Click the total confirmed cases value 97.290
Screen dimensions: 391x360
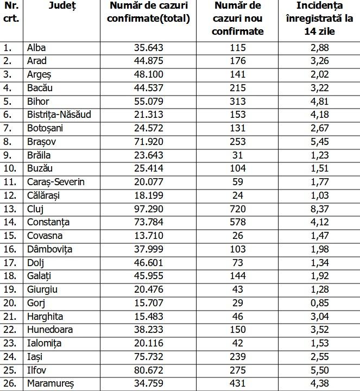pos(148,209)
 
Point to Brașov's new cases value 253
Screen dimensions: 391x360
pos(238,141)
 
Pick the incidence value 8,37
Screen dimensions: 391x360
pos(319,209)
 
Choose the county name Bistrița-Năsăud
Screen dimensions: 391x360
pos(59,115)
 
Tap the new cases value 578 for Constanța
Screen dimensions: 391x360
pos(238,222)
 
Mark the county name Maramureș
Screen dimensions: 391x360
pos(50,383)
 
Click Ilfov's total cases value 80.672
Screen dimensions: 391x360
pos(148,370)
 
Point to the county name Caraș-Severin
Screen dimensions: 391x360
pos(56,182)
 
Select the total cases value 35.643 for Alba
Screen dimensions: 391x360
pos(148,47)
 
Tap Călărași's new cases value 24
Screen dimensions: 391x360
pos(238,195)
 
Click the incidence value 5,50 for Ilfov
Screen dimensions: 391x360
pos(319,370)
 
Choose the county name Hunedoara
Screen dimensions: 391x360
pos(50,330)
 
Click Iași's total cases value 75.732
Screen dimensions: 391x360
pos(148,357)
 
